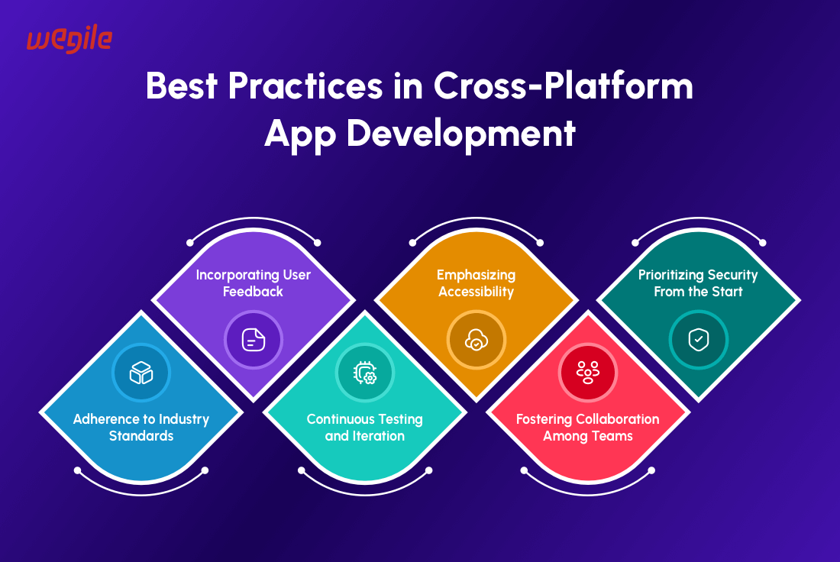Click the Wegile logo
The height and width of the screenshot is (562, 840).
(69, 39)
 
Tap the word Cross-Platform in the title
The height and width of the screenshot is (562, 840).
(563, 86)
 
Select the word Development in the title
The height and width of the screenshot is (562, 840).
(460, 134)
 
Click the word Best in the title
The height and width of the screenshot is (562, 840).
(182, 86)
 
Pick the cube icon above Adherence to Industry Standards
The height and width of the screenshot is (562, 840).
(141, 373)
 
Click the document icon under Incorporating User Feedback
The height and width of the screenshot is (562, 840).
(254, 340)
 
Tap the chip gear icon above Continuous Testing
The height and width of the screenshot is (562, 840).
(365, 373)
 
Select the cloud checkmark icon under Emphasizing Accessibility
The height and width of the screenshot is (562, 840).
(477, 340)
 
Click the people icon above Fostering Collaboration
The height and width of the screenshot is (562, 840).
(588, 373)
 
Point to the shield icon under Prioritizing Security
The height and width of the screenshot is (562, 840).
(699, 340)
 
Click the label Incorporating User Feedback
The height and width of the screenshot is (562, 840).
(254, 283)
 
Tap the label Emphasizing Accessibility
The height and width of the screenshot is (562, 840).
(477, 283)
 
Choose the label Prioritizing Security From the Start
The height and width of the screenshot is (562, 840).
(698, 283)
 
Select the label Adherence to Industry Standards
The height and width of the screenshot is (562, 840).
(141, 427)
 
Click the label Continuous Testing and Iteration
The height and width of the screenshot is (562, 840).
(365, 427)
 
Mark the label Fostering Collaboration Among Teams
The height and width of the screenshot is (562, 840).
(588, 427)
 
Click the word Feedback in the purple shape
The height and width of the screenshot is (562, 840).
(253, 292)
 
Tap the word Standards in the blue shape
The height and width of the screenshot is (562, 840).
(141, 435)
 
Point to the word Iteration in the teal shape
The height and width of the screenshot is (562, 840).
(378, 436)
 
